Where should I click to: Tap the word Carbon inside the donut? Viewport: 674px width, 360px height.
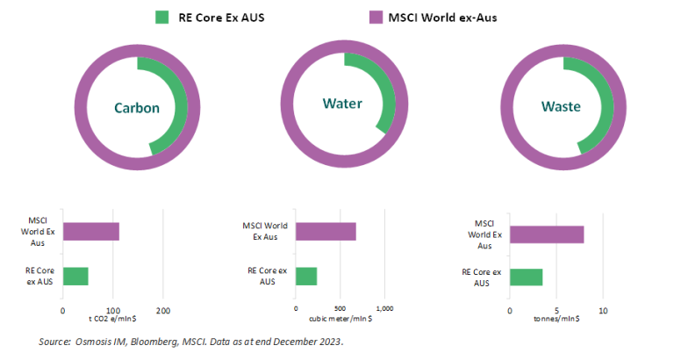coord(136,108)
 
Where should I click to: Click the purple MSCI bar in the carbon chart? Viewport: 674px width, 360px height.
coord(90,232)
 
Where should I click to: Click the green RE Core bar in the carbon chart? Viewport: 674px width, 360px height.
coord(75,275)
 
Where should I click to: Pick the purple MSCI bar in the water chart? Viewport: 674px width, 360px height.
coord(326,232)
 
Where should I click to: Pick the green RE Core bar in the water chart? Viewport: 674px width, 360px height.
coord(306,275)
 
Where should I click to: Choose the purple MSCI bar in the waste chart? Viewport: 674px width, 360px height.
coord(546,234)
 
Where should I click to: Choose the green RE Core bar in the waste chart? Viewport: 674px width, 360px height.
coord(526,277)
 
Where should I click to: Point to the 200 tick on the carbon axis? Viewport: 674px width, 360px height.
coord(162,311)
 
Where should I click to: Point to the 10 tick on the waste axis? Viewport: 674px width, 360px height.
coord(602,311)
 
